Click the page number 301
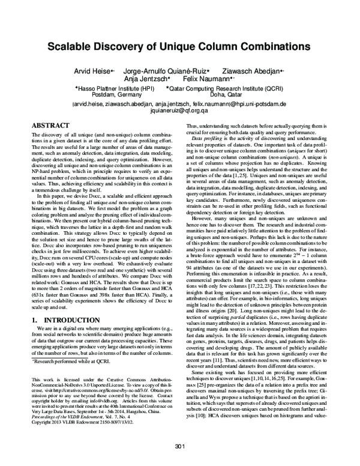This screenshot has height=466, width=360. pyautogui.click(x=179, y=446)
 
